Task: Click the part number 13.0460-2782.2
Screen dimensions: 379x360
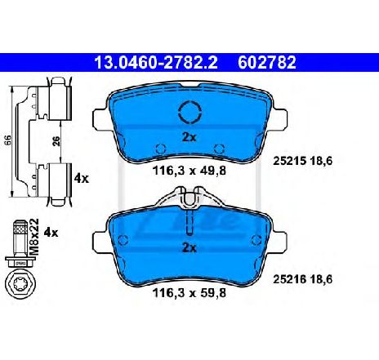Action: (x=155, y=62)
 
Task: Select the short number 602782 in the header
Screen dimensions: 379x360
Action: (x=267, y=62)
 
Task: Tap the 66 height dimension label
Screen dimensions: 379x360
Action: (x=8, y=140)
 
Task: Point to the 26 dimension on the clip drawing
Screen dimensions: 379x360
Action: (x=56, y=141)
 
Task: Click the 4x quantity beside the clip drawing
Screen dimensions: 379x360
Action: (x=82, y=179)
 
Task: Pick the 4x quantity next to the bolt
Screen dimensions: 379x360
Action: (x=51, y=233)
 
